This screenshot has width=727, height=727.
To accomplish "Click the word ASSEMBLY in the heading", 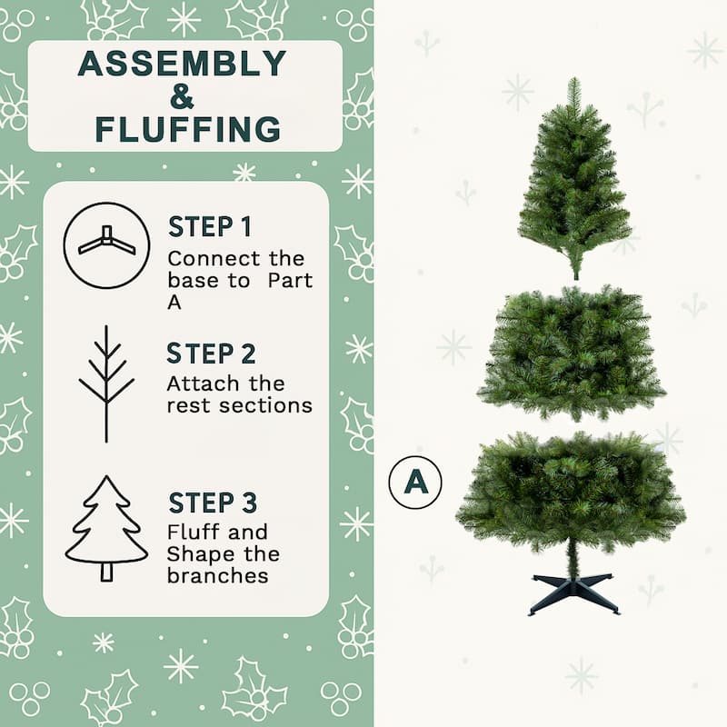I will pos(182,65).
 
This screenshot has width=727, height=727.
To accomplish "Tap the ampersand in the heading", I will pos(182,96).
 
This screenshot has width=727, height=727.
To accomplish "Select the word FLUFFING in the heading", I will pos(188,129).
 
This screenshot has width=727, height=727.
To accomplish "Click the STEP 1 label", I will pos(210,227).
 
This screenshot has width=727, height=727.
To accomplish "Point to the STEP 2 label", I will pos(211,354).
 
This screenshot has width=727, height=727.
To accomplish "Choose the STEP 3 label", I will pos(213,503).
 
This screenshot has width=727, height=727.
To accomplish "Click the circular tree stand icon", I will pos(106,245).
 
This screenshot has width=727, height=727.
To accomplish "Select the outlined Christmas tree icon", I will pos(106,529).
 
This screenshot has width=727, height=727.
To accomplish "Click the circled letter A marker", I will pos(415,482).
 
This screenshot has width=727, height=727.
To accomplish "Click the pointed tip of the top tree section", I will pos(573,84).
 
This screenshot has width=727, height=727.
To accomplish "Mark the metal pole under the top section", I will pos(575,269).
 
